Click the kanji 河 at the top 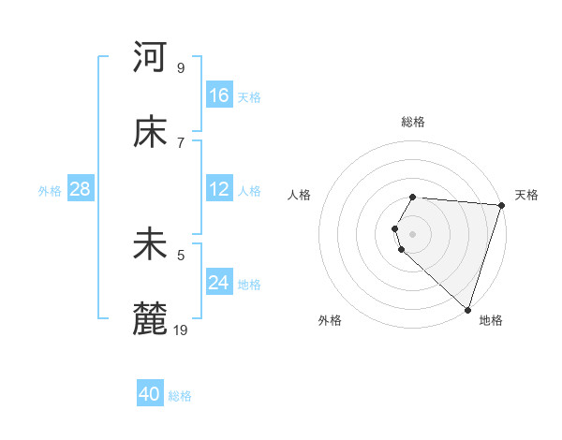(150, 57)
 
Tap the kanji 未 (150, 244)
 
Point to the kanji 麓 (150, 318)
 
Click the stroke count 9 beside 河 (181, 67)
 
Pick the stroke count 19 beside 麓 (182, 329)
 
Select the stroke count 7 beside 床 (181, 142)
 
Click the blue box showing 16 (219, 95)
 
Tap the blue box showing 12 (219, 189)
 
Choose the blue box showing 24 (219, 283)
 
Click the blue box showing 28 (81, 189)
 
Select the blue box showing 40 (150, 394)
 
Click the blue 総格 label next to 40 (180, 396)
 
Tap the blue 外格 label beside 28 (50, 191)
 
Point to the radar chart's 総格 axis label (413, 122)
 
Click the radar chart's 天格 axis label (526, 195)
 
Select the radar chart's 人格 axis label (300, 195)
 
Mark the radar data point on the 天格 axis (502, 205)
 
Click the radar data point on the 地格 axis (468, 309)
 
